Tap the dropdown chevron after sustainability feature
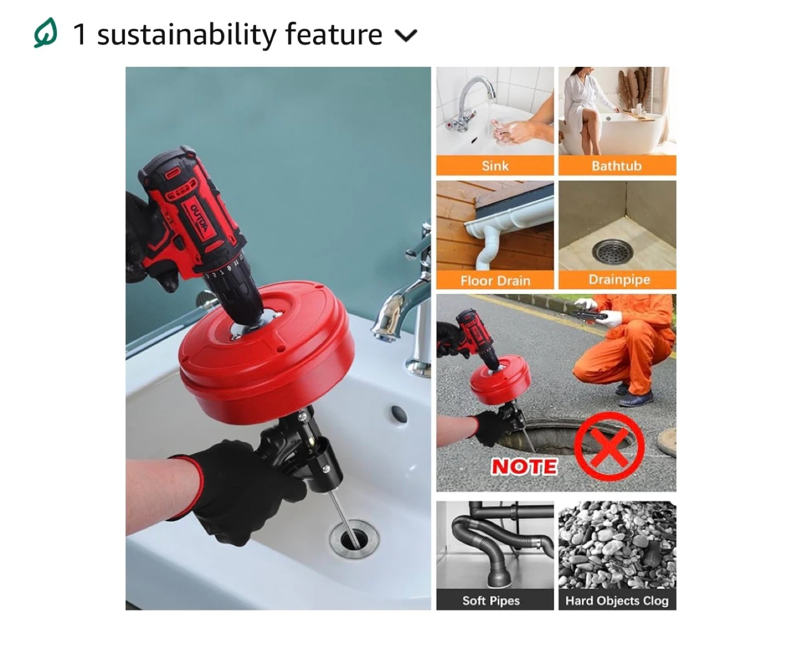pos(406,36)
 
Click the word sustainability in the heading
pos(187,35)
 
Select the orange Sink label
pos(495,165)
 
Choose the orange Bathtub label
pos(617,165)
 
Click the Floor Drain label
pos(495,280)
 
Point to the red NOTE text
pos(524,466)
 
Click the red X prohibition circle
pos(608,446)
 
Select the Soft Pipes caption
pos(491,601)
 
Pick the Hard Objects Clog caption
pos(617,601)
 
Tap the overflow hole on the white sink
pos(399,414)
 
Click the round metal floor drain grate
pos(613,251)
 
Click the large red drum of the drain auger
pos(266,354)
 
